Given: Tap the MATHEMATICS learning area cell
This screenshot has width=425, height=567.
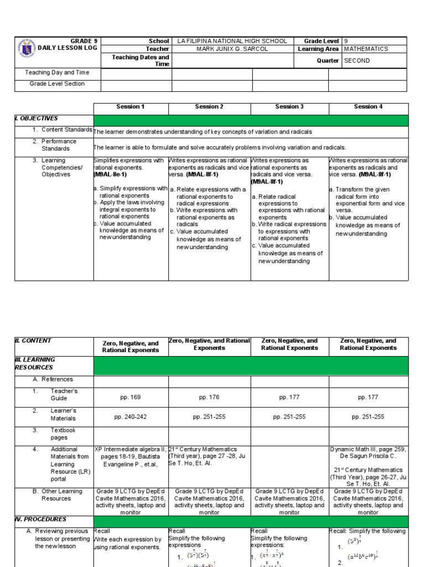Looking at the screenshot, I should (x=366, y=49).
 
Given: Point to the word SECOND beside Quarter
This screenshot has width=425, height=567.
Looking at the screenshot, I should (x=357, y=61).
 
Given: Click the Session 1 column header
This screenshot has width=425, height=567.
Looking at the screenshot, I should (x=130, y=106).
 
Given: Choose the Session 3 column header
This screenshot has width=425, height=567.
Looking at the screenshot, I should (x=289, y=106).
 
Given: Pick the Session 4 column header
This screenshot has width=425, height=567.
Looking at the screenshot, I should (x=368, y=106).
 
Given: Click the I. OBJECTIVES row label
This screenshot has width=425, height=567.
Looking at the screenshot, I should (x=37, y=118).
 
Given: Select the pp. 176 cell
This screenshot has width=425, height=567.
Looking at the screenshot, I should (x=209, y=397).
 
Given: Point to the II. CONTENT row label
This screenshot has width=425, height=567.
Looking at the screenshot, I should (x=34, y=341).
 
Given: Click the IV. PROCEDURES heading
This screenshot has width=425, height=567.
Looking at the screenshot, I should (x=40, y=519).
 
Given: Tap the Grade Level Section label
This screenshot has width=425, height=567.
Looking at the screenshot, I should (x=57, y=84).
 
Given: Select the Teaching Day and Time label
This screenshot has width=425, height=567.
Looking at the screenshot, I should (x=57, y=73).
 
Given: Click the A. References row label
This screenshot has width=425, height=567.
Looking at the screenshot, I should (x=53, y=379).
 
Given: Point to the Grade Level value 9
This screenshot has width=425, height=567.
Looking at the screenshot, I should (x=346, y=41).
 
